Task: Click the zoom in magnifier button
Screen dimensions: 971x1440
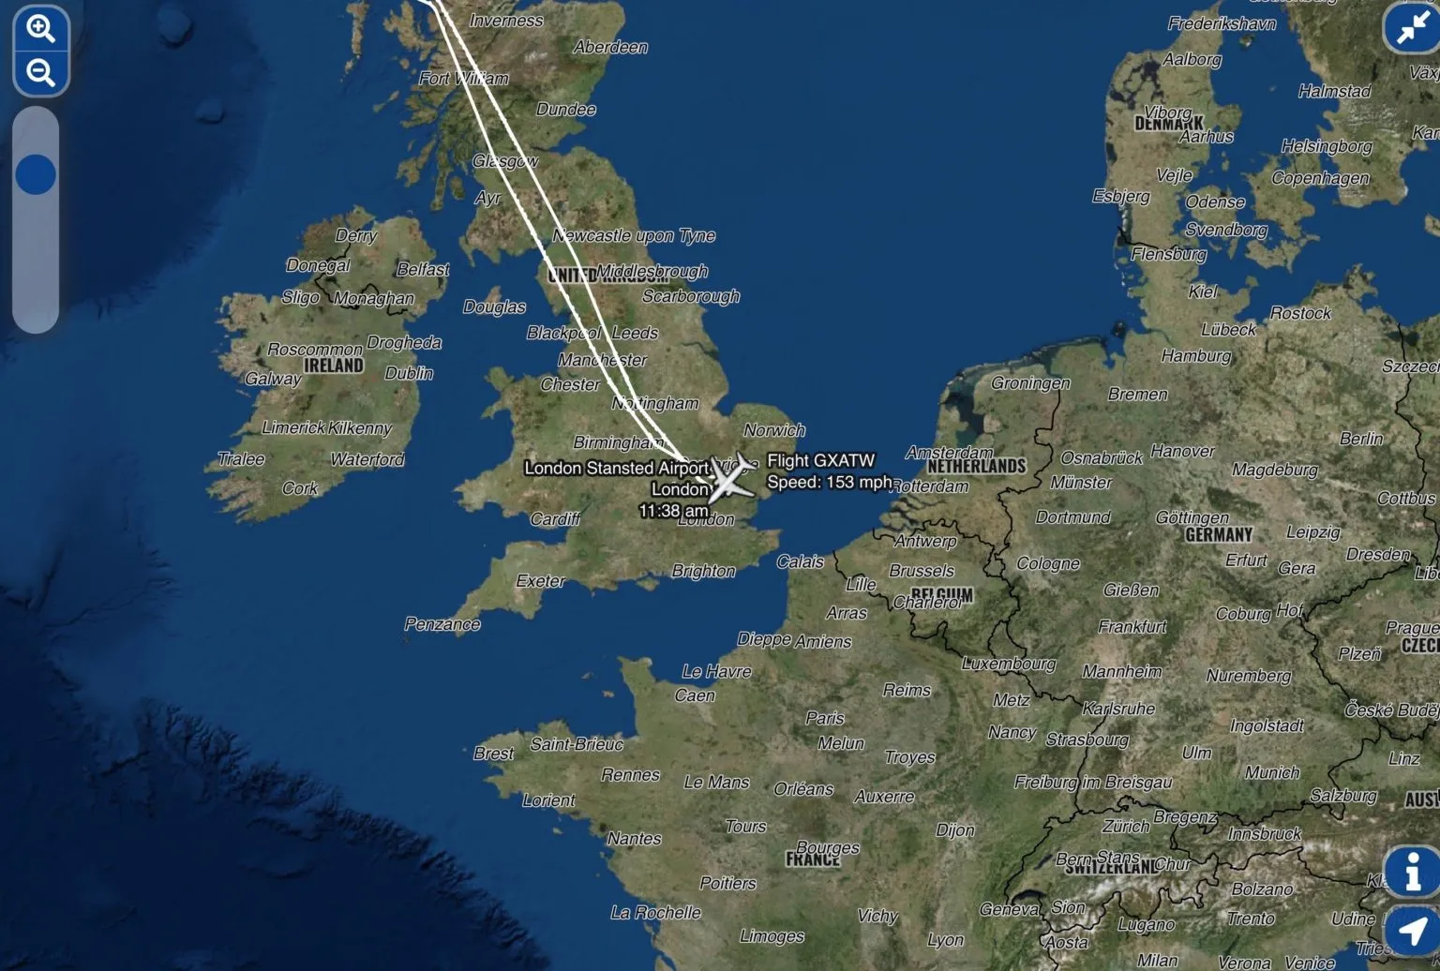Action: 40,29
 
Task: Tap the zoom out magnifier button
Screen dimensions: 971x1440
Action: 40,72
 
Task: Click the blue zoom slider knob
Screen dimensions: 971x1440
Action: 36,174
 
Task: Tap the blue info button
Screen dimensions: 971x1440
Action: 1412,872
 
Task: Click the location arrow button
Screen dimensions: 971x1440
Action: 1412,930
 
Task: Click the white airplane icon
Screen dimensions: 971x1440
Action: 731,477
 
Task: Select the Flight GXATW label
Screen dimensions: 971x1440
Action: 820,460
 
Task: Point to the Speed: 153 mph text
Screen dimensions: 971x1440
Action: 829,482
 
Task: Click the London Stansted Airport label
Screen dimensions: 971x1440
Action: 616,468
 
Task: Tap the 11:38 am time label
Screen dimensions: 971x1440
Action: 673,511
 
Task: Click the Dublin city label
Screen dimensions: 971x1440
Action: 409,373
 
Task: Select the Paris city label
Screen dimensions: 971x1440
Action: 825,718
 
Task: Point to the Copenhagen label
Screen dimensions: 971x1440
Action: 1320,178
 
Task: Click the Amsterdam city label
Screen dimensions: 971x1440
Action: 949,453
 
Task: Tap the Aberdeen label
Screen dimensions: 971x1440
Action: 610,47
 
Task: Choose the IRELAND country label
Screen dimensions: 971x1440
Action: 334,366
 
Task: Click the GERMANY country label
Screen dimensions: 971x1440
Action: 1219,534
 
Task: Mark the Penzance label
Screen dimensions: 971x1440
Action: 442,624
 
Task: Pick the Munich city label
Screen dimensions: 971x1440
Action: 1272,772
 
